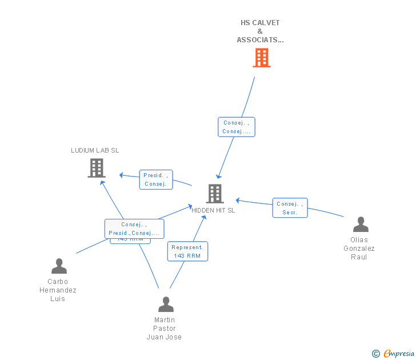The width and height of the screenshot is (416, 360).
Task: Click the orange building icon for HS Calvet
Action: [x=261, y=58]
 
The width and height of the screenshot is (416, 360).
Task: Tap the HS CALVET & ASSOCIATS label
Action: [x=260, y=31]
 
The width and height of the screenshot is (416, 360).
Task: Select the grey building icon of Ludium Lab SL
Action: [x=97, y=168]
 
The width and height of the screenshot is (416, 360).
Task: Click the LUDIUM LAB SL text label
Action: [x=95, y=150]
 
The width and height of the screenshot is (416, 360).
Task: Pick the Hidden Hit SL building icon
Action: [x=214, y=194]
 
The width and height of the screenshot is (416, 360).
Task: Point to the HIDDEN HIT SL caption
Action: [x=213, y=210]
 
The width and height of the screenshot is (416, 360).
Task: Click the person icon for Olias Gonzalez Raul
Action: [x=361, y=225]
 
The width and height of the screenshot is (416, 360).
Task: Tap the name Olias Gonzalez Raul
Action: [x=359, y=248]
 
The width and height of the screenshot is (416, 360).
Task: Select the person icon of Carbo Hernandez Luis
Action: [x=59, y=266]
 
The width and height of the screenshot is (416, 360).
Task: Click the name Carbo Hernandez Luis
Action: [x=58, y=290]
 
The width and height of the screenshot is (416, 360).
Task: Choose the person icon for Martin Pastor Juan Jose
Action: [x=166, y=305]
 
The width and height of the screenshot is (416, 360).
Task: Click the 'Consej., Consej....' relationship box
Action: [x=236, y=127]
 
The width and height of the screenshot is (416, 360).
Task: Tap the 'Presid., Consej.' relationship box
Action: [x=156, y=179]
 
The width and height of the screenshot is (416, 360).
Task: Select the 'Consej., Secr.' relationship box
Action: [x=290, y=208]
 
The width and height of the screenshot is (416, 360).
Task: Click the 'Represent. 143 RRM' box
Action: [x=187, y=251]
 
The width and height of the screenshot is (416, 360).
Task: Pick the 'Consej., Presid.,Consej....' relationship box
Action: [x=134, y=229]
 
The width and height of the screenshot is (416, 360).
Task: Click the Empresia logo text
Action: [x=399, y=354]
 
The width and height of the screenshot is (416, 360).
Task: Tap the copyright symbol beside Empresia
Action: [x=376, y=354]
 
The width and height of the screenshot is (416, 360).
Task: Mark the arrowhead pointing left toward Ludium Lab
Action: [x=121, y=175]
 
